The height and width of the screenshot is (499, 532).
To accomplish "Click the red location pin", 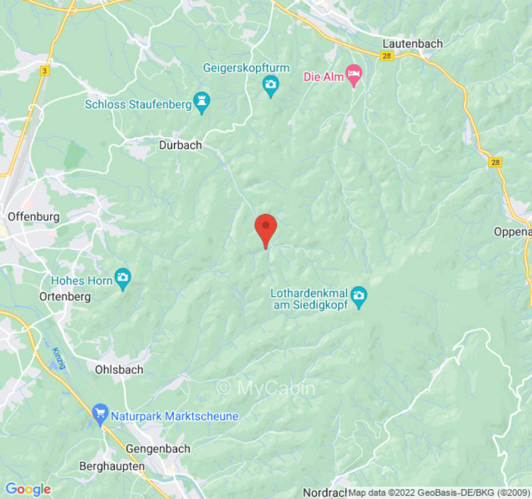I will pyautogui.click(x=266, y=228).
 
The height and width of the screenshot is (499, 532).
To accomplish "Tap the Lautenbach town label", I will pyautogui.click(x=412, y=44).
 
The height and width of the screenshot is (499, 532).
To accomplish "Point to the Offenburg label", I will pyautogui.click(x=34, y=217).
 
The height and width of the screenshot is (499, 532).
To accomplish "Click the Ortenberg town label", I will pyautogui.click(x=65, y=296).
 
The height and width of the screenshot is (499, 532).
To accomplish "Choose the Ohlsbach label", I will pyautogui.click(x=118, y=369).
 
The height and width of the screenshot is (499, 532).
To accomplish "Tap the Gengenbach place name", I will pyautogui.click(x=158, y=448).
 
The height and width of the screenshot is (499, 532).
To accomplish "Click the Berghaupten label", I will pyautogui.click(x=112, y=466).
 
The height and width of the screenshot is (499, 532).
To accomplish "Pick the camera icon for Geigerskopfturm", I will pyautogui.click(x=270, y=85).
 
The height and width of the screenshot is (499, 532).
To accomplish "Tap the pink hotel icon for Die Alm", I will pyautogui.click(x=354, y=76).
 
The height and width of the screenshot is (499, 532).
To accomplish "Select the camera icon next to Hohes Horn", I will pyautogui.click(x=123, y=278).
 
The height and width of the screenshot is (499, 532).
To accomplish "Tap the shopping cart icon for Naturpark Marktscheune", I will pyautogui.click(x=99, y=414).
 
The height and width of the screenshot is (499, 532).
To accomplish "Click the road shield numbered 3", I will pyautogui.click(x=44, y=71).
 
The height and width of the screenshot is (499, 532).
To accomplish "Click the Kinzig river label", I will pyautogui.click(x=59, y=357).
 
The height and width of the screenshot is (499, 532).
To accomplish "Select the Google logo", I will pyautogui.click(x=27, y=490).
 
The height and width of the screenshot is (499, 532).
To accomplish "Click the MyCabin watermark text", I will pyautogui.click(x=266, y=388).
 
